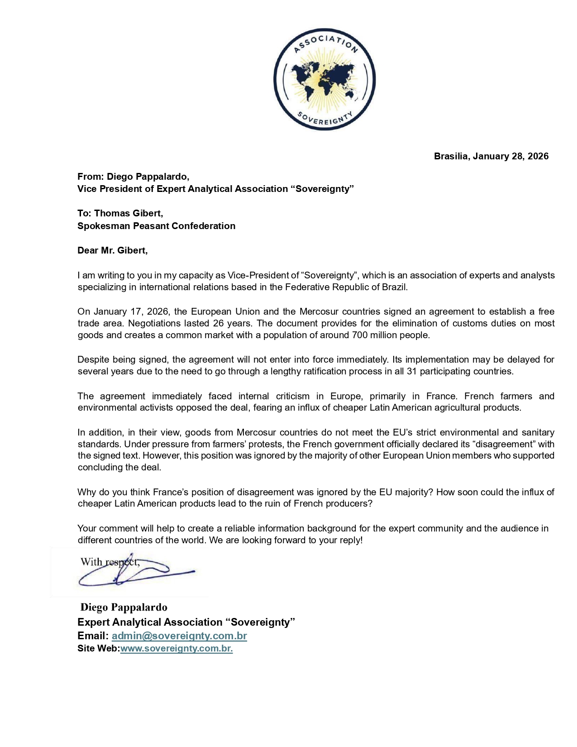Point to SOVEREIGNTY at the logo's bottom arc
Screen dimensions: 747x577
(324, 118)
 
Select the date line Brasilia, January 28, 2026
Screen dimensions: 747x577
(491, 156)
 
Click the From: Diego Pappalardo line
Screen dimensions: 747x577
(133, 177)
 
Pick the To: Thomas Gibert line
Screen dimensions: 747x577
(120, 213)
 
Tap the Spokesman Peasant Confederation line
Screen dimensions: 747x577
(156, 226)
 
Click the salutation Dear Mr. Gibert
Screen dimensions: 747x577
(112, 250)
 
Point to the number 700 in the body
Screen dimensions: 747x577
(360, 335)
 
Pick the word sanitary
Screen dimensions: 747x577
(537, 432)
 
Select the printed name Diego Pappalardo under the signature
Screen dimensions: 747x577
(124, 608)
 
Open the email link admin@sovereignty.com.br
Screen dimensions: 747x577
(179, 636)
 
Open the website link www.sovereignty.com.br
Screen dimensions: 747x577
(176, 648)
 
